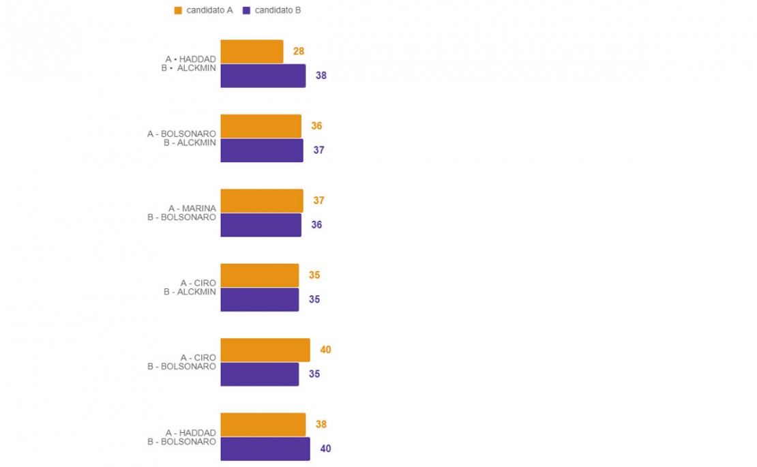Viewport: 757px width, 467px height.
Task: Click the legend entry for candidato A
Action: [x=203, y=10]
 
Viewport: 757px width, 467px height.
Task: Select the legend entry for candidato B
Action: [x=271, y=10]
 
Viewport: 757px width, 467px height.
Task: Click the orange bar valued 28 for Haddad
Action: [x=252, y=52]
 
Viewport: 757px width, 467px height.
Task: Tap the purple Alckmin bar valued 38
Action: [x=263, y=76]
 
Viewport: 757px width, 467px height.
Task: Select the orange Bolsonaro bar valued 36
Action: [x=261, y=126]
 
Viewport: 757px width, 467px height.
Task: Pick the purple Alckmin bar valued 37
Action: [x=262, y=150]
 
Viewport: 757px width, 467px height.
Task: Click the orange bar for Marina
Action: [x=262, y=201]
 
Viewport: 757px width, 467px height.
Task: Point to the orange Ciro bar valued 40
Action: [x=265, y=350]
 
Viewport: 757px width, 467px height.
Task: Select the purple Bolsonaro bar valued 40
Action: [x=265, y=449]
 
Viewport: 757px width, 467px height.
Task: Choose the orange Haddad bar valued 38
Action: [x=263, y=425]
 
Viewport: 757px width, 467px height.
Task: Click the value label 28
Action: [x=298, y=51]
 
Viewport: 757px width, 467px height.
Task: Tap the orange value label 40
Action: [x=325, y=350]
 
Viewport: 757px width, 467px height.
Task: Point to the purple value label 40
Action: [x=325, y=449]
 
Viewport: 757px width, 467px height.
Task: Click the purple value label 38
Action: [x=321, y=76]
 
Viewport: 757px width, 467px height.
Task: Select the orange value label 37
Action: [x=318, y=200]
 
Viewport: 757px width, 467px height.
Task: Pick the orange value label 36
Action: [x=316, y=126]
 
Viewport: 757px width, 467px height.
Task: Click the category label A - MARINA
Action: [x=192, y=209]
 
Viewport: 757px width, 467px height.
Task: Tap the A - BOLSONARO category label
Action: [x=181, y=134]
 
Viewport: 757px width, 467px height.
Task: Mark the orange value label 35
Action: [x=314, y=275]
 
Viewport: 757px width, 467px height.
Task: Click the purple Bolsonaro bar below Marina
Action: [x=261, y=225]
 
